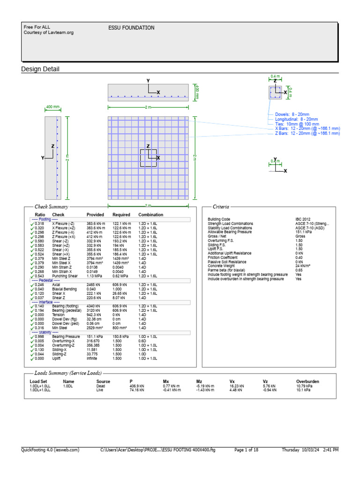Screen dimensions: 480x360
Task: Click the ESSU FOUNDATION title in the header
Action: (131, 28)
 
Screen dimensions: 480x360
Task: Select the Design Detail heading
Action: (40, 69)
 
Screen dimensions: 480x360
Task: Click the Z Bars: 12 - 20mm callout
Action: (307, 133)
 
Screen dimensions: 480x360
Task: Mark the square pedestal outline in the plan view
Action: (148, 158)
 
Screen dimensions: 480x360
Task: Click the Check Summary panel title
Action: (52, 206)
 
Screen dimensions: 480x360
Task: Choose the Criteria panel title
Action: (221, 206)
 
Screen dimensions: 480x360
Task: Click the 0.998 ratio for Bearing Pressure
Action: (40, 337)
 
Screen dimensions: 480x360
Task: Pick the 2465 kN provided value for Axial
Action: (94, 284)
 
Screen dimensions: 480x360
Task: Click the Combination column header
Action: (151, 215)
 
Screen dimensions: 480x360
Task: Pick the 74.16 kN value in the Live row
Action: (137, 390)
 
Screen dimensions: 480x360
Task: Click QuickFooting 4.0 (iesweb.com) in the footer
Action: (50, 450)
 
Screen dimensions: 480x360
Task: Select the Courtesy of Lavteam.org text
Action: (49, 33)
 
